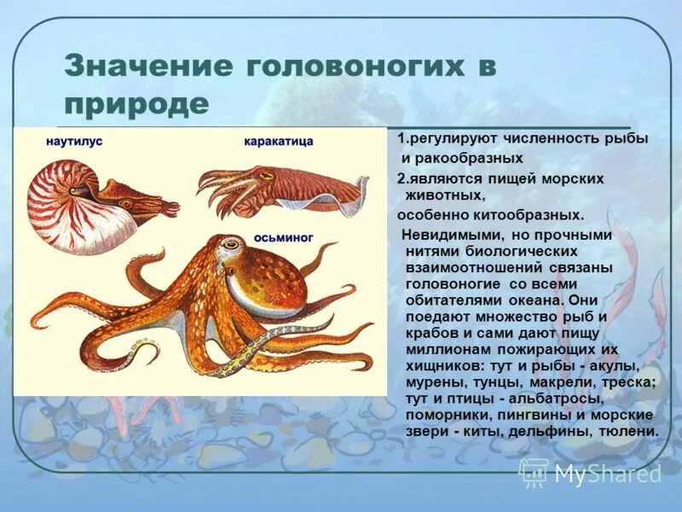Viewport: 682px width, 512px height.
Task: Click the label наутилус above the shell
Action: pos(74,142)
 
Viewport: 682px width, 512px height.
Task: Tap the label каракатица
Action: pos(278,141)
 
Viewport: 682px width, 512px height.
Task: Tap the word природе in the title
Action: pos(136,104)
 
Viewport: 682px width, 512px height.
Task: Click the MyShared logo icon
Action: pos(534,472)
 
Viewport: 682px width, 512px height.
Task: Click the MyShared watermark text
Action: pos(608,474)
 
